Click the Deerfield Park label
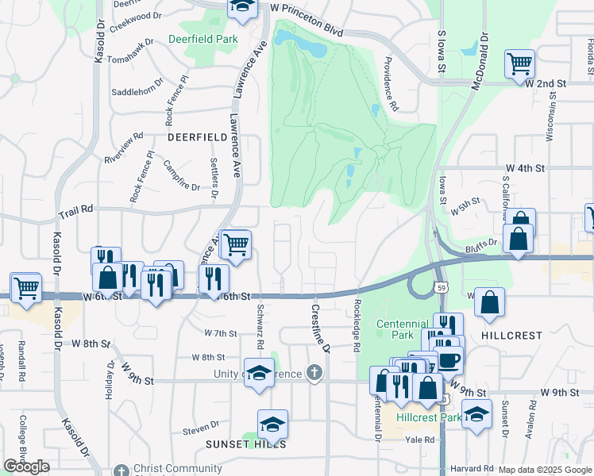[202, 39]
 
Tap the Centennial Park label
[402, 329]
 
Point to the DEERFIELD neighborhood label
[198, 136]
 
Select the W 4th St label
[526, 168]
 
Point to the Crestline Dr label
[321, 328]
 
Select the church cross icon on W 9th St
[315, 373]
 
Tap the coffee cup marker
[450, 359]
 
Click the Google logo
[26, 466]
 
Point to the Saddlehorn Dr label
[135, 92]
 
